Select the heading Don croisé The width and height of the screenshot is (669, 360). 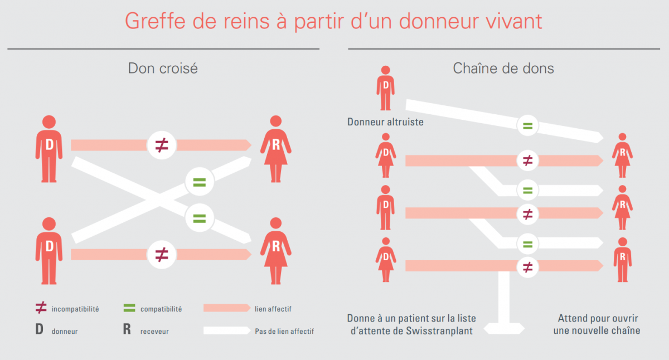click(x=163, y=69)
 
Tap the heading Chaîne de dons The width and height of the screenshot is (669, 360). click(x=503, y=69)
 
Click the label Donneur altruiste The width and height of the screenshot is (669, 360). click(x=385, y=121)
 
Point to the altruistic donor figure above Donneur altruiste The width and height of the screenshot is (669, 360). click(x=385, y=88)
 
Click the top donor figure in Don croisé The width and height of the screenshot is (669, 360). click(x=49, y=148)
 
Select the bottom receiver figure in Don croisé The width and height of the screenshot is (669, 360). click(x=275, y=250)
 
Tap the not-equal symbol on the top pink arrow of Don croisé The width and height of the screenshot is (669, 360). click(x=162, y=145)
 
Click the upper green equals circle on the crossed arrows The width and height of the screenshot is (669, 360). click(x=200, y=182)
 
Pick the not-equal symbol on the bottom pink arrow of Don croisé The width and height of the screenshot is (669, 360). click(x=162, y=255)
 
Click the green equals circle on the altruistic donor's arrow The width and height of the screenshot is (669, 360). click(x=527, y=126)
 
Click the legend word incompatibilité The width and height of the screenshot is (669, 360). click(x=75, y=309)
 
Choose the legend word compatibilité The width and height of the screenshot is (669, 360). click(x=161, y=309)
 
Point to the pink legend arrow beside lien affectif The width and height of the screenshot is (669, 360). click(x=226, y=308)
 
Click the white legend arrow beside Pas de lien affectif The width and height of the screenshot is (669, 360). click(x=226, y=330)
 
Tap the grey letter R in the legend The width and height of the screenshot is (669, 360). click(x=127, y=330)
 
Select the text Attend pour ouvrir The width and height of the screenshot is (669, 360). click(x=598, y=318)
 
